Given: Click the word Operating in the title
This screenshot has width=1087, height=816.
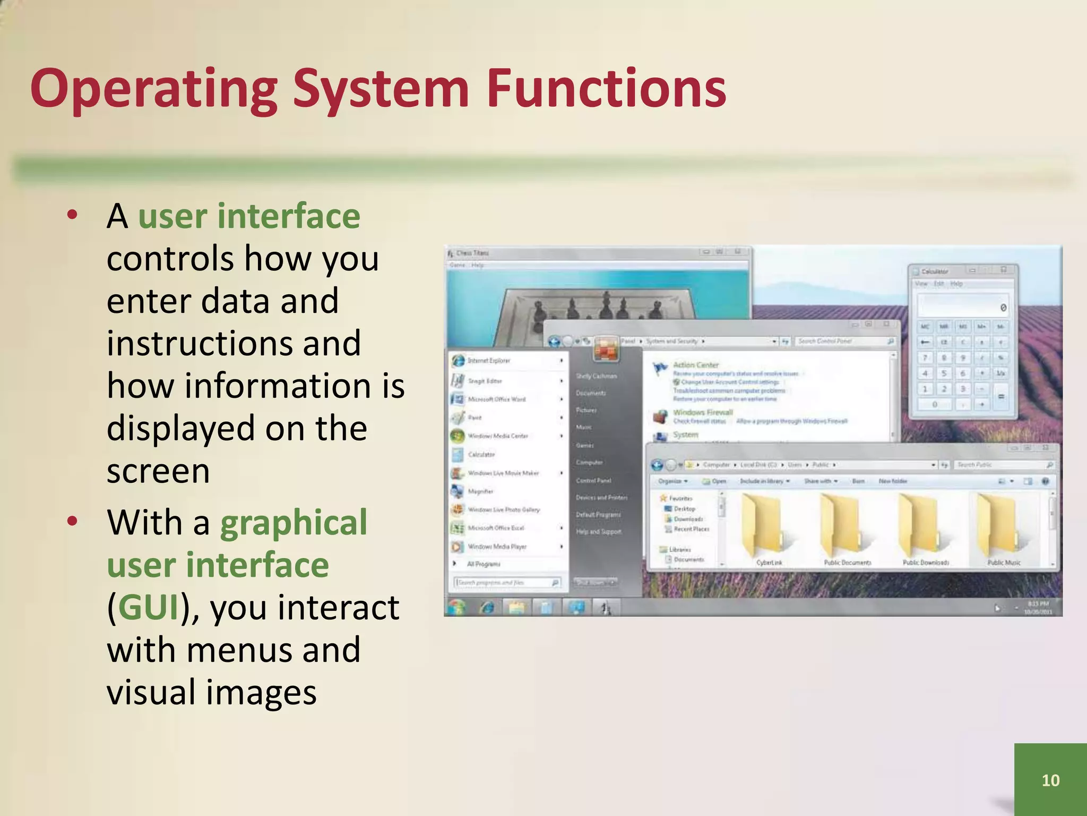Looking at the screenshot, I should pos(154,89).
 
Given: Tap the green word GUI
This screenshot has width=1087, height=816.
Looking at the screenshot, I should pos(148,607).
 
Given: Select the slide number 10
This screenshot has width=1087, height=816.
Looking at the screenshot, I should pos(1050,780).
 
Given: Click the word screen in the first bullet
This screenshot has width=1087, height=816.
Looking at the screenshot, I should pos(158,471).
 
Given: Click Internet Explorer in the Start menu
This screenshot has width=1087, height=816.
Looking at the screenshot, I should pos(488,361).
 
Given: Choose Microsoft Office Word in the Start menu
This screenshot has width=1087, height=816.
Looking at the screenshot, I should pos(496,399).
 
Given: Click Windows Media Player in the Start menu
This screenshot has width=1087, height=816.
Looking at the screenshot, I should pos(497,546).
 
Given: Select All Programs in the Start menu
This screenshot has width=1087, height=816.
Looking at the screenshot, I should pos(483,564).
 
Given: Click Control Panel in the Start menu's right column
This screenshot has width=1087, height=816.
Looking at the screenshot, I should pos(593,480).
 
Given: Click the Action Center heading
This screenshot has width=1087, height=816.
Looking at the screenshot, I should pos(696,365).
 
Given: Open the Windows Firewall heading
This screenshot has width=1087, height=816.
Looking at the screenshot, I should pos(703,412).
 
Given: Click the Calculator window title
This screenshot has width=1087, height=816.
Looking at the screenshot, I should pos(935,271).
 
